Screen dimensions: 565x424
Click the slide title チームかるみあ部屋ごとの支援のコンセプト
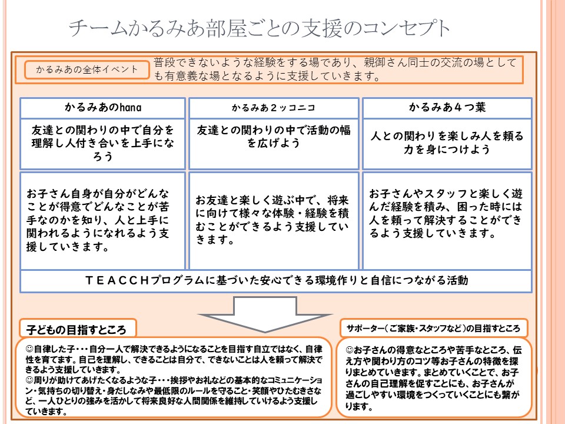[x=259, y=28]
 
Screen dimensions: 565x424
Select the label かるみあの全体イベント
[x=87, y=69]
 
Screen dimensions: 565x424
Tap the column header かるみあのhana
[x=103, y=107]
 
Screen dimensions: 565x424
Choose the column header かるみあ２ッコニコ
[x=274, y=108]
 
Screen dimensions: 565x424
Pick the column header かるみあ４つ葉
[x=447, y=107]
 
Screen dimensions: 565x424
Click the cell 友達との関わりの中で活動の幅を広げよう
[x=274, y=144]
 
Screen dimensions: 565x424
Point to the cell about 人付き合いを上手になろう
[x=103, y=144]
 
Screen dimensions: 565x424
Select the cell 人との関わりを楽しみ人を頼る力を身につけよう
[x=447, y=144]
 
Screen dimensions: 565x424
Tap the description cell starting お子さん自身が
[x=103, y=220]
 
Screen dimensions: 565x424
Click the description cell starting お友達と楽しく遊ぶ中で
[x=274, y=220]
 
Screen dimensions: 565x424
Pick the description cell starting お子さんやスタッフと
[x=447, y=220]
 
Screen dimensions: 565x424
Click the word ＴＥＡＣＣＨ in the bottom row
[x=118, y=280]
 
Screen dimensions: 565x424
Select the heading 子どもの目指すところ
[x=77, y=329]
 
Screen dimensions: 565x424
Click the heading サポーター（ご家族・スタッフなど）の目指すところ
[x=433, y=328]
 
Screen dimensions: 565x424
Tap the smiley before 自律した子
[x=29, y=349]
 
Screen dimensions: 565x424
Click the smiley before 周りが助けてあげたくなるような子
[x=29, y=380]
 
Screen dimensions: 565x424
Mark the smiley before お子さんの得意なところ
[x=349, y=350]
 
